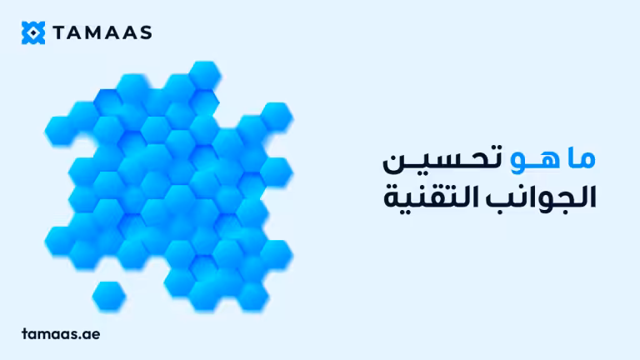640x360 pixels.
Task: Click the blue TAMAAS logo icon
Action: pos(32,32)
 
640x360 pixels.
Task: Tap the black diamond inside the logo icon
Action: pos(32,32)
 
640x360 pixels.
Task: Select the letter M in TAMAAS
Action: pos(91,32)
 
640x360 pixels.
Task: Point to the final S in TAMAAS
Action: pos(145,32)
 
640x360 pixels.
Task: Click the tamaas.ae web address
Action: pos(61,332)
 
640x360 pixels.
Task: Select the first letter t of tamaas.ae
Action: pos(25,332)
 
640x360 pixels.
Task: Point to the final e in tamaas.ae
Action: pos(97,333)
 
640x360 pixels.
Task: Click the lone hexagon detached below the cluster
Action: pos(109,294)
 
